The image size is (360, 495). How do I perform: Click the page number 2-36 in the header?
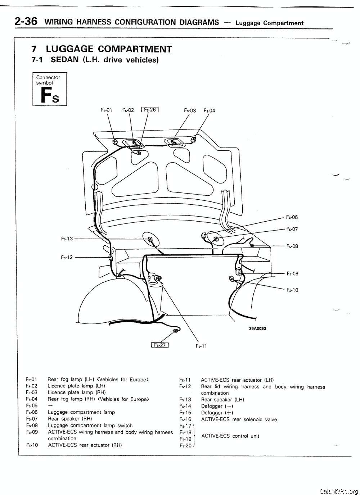(26, 21)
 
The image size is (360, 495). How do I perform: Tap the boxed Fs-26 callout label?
(150, 110)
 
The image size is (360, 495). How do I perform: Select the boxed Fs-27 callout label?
(160, 345)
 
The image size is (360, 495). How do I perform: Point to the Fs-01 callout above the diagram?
(106, 110)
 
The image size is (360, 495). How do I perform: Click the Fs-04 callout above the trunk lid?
(209, 110)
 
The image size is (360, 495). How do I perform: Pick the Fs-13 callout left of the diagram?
(67, 239)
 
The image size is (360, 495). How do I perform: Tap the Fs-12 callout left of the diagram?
(67, 257)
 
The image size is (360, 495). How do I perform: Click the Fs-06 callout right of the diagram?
(292, 217)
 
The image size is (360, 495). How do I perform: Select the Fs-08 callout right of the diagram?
(292, 246)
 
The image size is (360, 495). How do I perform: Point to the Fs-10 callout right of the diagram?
(292, 290)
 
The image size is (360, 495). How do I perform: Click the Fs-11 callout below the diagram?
(201, 346)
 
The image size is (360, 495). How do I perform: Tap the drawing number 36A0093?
(257, 328)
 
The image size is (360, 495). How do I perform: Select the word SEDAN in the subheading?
(65, 60)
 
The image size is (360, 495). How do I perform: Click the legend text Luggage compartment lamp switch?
(90, 426)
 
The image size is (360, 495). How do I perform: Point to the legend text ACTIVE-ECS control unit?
(230, 436)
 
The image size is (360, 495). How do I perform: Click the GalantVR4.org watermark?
(338, 491)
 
